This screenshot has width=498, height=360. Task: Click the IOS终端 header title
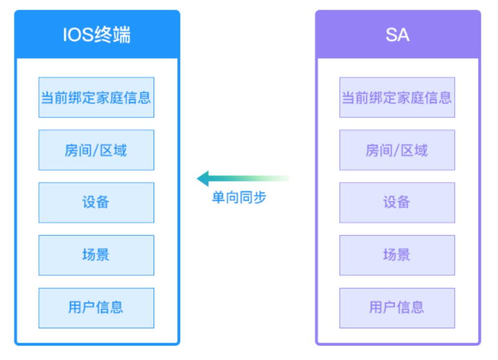tap(96, 35)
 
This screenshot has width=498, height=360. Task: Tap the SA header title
tap(397, 35)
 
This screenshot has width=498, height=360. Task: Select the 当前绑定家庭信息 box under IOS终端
tap(96, 97)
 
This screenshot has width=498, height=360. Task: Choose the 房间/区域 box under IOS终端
tap(96, 150)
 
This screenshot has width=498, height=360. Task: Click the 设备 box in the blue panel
tap(96, 203)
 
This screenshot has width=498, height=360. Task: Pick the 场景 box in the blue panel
tap(96, 255)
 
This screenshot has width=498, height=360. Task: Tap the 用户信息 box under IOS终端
tap(96, 308)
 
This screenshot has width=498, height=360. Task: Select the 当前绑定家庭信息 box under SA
tap(397, 97)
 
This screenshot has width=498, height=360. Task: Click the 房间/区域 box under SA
tap(397, 150)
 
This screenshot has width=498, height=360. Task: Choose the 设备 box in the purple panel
tap(397, 203)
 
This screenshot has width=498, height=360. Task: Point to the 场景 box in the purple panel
tap(397, 255)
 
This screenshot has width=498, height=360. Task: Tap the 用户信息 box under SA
tap(397, 308)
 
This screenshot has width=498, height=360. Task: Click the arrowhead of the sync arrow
tap(202, 179)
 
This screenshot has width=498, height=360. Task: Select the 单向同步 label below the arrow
tap(239, 197)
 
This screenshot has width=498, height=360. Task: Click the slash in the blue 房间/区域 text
tap(95, 151)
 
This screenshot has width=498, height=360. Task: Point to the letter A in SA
tap(404, 35)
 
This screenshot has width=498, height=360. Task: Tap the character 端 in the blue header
tap(121, 35)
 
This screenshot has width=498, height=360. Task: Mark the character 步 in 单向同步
tap(260, 197)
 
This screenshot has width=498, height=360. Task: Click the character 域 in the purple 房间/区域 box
tap(421, 150)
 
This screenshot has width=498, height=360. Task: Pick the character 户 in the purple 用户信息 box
tap(390, 307)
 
